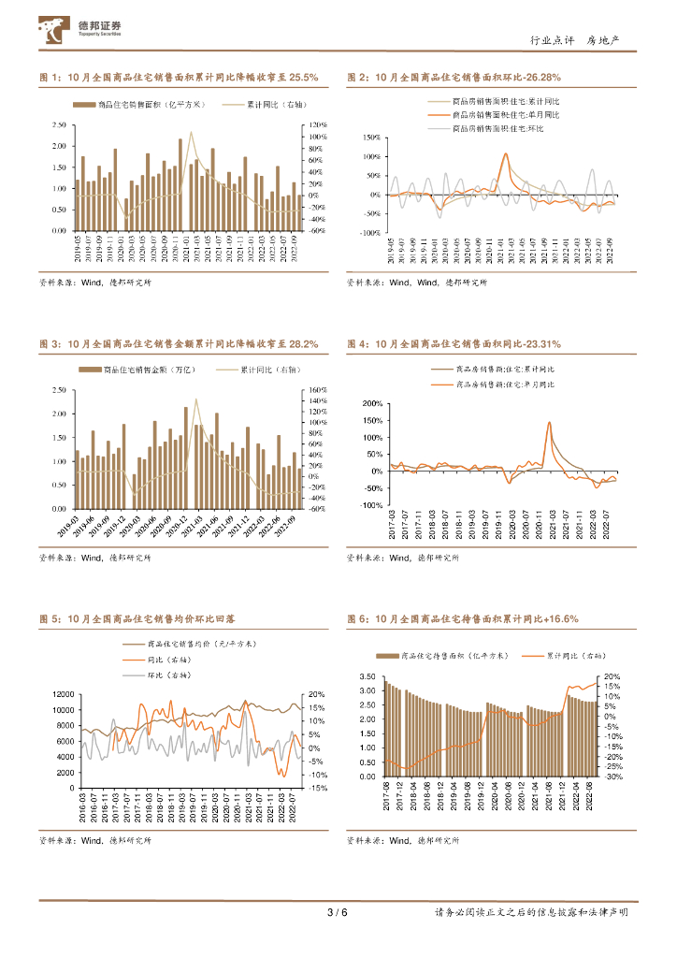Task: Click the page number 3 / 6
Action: pyautogui.click(x=338, y=913)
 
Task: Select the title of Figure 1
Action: pyautogui.click(x=179, y=78)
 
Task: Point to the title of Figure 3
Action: pyautogui.click(x=179, y=344)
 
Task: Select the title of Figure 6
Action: pyautogui.click(x=462, y=619)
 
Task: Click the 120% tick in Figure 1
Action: pyautogui.click(x=317, y=124)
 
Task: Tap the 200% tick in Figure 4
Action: pyautogui.click(x=372, y=403)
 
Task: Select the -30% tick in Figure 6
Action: pyautogui.click(x=613, y=777)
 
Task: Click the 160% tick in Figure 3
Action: pyautogui.click(x=317, y=390)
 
